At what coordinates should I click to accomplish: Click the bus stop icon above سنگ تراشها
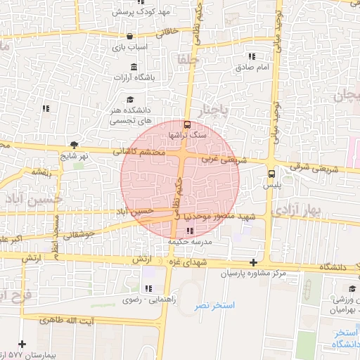[186, 122]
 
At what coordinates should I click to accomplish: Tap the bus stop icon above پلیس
[271, 173]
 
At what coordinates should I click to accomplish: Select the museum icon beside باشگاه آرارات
[134, 67]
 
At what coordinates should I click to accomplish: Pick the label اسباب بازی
[131, 48]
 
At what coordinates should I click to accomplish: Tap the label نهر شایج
[74, 155]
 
